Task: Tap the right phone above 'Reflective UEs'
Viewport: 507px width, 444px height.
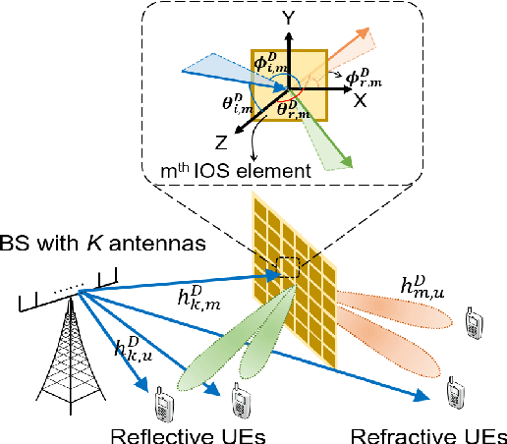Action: (239, 401)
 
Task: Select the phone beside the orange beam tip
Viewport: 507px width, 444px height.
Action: (472, 322)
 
